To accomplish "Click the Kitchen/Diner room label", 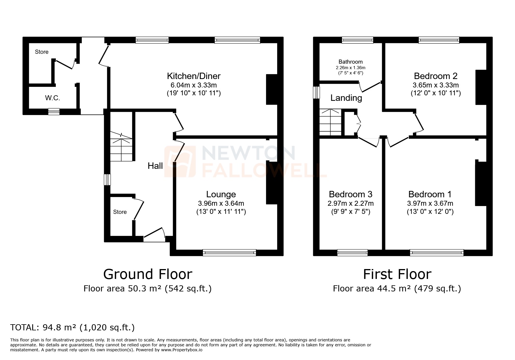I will (193, 76).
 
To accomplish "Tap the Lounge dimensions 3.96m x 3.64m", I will (221, 203).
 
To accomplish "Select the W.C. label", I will (53, 98).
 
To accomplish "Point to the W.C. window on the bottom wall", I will (54, 112).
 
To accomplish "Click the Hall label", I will (155, 166).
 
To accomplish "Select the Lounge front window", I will (229, 252).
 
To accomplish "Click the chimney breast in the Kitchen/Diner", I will (272, 89).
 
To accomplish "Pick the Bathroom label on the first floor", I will (350, 62).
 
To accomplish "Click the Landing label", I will (346, 98).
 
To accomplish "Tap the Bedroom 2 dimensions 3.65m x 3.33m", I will (435, 85).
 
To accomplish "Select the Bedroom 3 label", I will (350, 194).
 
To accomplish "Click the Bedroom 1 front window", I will (436, 252).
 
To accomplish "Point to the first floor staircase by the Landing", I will (330, 122).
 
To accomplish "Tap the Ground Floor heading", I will (148, 274).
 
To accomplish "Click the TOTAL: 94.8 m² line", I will (72, 327).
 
